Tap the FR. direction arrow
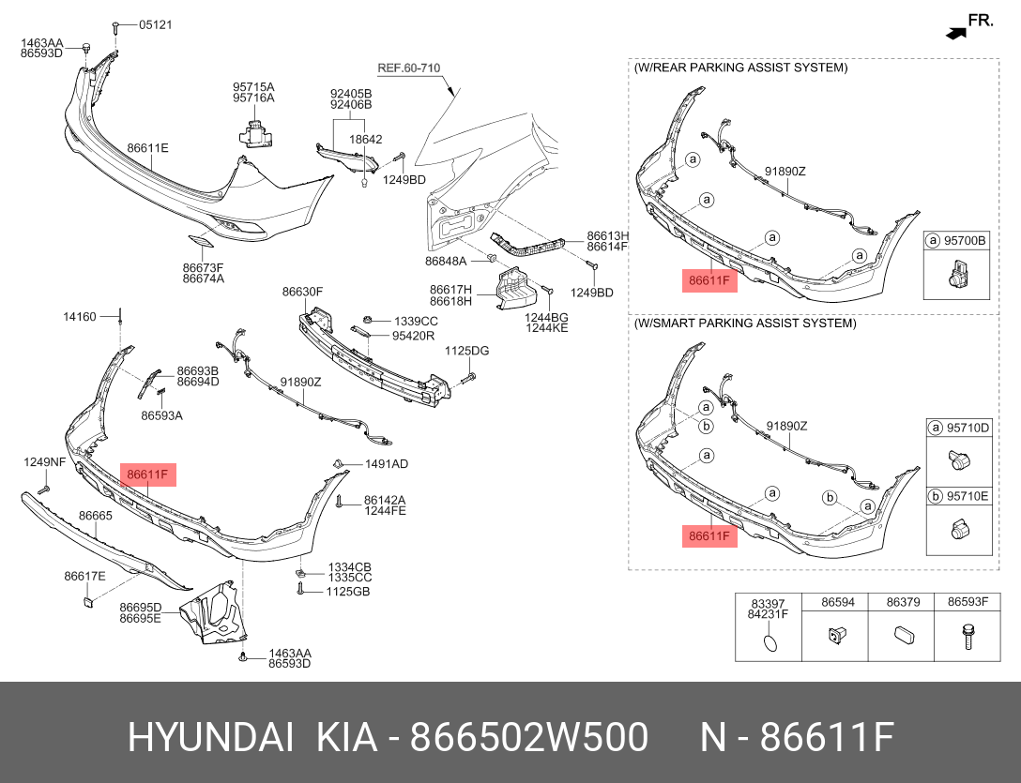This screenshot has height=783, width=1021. (x=955, y=33)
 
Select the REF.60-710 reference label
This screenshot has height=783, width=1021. (x=408, y=68)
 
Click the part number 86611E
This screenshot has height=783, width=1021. (x=147, y=148)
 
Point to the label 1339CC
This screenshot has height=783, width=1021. (x=416, y=321)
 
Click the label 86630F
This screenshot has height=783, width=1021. (x=302, y=292)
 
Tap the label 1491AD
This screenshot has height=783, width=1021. (x=387, y=463)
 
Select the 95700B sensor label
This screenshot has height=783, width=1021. (x=965, y=241)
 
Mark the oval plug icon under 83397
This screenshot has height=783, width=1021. (x=768, y=642)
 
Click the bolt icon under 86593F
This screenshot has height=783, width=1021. (x=967, y=639)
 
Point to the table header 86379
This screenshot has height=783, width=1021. (x=903, y=602)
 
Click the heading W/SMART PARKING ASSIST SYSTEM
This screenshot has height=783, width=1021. (x=745, y=323)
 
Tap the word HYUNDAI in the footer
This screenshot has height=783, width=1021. (x=211, y=739)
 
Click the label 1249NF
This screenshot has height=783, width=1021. (x=45, y=461)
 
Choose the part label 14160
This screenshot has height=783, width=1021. (x=80, y=317)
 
